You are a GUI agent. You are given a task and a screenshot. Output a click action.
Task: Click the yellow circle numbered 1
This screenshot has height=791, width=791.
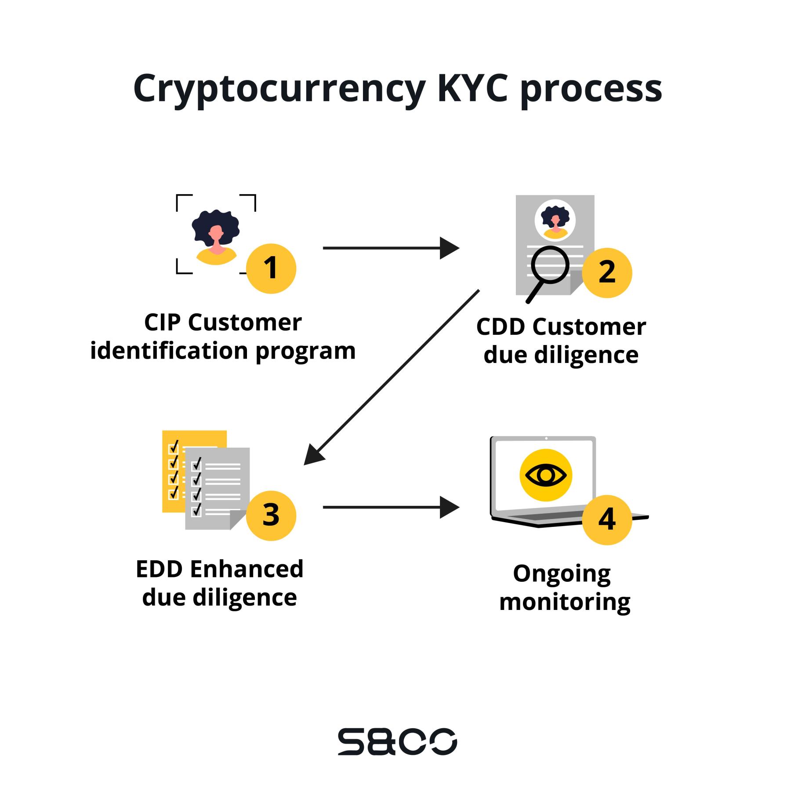pyautogui.click(x=271, y=269)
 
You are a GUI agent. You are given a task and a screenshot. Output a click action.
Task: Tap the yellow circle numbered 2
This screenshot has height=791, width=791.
pyautogui.click(x=607, y=272)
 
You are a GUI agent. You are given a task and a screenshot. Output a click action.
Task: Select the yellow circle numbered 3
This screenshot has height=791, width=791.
pyautogui.click(x=271, y=515)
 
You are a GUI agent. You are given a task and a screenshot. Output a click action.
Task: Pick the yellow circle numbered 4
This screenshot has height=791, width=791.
pyautogui.click(x=607, y=520)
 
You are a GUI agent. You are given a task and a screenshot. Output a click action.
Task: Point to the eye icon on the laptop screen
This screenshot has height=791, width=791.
pyautogui.click(x=546, y=475)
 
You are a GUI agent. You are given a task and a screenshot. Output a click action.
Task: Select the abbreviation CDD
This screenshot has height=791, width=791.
pyautogui.click(x=501, y=327)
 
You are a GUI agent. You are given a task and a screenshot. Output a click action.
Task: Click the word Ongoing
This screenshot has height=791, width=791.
pyautogui.click(x=562, y=574)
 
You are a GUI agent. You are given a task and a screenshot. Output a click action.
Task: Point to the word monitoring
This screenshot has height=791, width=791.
pyautogui.click(x=565, y=602)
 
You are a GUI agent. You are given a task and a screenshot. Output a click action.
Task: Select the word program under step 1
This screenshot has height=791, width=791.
pyautogui.click(x=305, y=352)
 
